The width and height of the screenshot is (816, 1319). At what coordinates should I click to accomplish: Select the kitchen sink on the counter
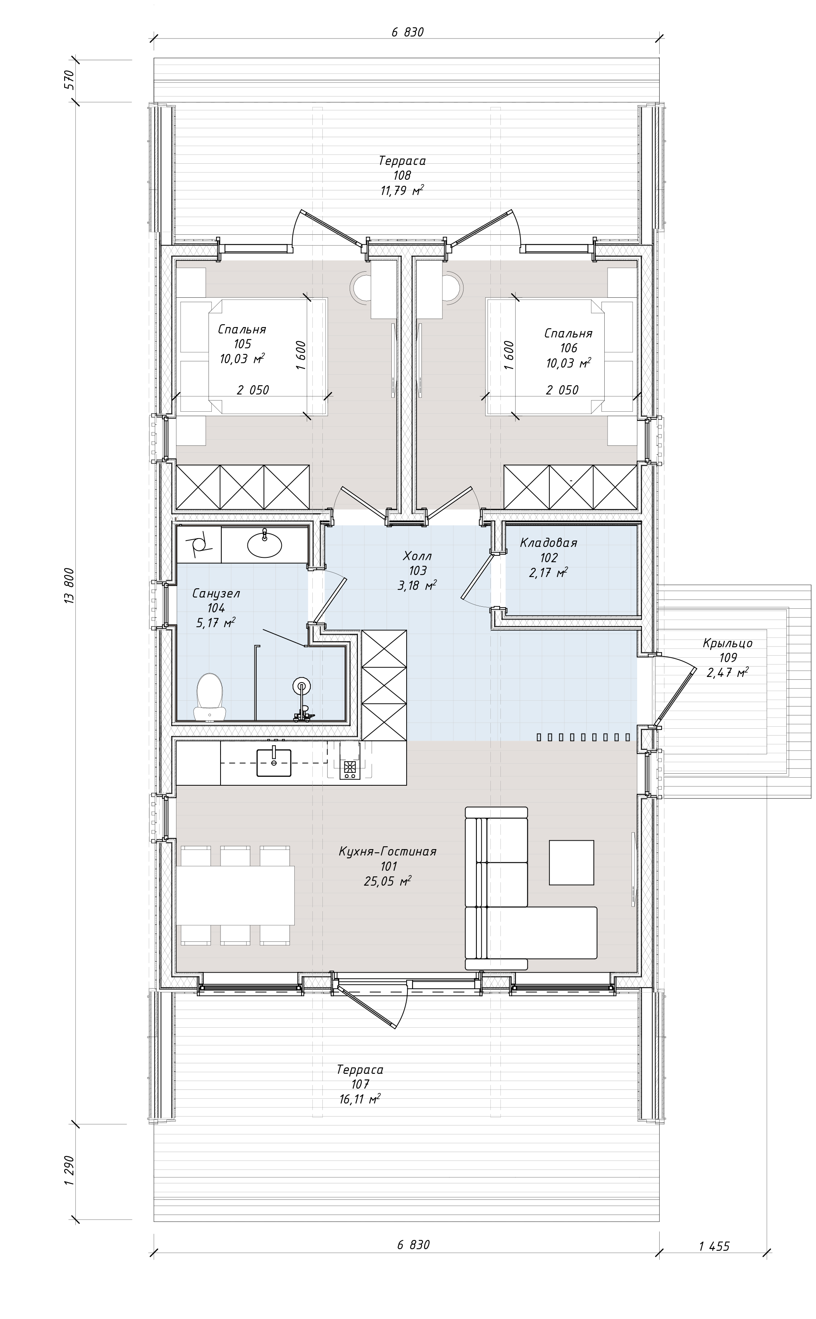click(273, 762)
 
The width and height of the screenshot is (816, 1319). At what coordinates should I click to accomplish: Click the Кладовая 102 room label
click(548, 558)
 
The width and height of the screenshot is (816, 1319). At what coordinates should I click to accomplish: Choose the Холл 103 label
click(417, 571)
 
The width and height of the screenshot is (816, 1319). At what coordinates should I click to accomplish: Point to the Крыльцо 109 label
click(727, 658)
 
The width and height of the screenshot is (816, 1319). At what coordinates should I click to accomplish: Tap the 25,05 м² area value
click(387, 882)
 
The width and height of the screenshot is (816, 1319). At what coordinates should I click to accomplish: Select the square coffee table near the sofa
click(571, 862)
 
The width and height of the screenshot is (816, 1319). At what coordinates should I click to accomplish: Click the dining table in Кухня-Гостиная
click(235, 895)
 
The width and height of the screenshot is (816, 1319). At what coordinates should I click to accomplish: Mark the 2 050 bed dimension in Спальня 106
click(562, 390)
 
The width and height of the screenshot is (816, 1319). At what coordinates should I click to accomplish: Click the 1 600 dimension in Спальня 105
click(301, 355)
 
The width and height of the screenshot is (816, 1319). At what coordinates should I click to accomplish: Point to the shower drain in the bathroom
click(302, 687)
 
